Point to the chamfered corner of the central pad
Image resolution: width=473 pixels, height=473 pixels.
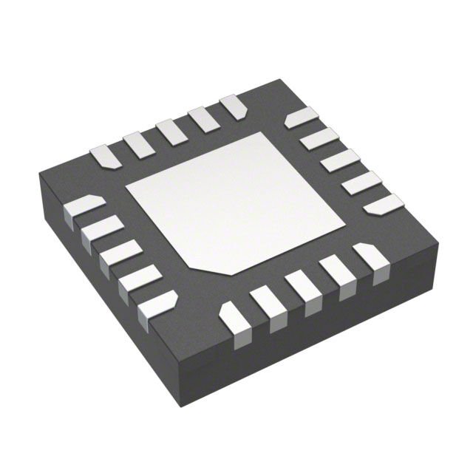coord(194,262)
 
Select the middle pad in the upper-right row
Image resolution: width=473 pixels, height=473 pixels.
coord(340,159)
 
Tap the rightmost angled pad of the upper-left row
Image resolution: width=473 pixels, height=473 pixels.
coord(234,106)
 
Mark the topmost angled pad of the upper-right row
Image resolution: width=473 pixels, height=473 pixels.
coord(302,117)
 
